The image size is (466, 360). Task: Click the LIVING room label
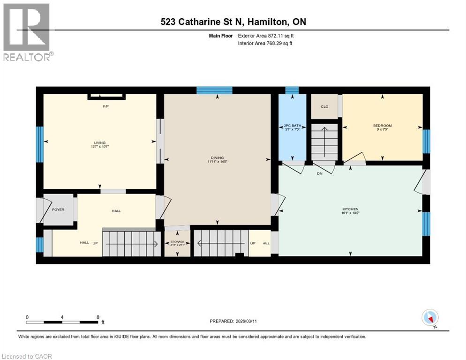pos(99,142)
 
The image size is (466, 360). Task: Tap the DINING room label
pos(216,158)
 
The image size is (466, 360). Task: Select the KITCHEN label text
pos(351,209)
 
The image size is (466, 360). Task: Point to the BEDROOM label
pos(382,126)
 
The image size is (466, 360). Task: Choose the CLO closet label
pos(324,106)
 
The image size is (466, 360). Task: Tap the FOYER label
pos(58,210)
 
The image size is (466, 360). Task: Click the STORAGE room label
pos(177,242)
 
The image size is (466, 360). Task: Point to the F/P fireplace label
pos(106,106)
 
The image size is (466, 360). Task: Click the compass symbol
pos(430,318)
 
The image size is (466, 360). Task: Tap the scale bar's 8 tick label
pos(98,317)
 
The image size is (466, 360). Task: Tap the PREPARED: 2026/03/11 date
pos(233,321)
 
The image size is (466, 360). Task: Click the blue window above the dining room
pos(214,90)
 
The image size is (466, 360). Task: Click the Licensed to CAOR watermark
pos(26,356)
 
